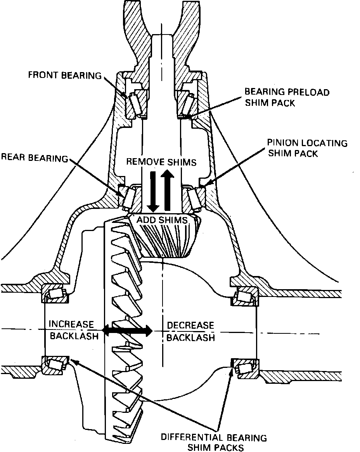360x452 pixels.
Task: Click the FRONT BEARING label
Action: point(64,75)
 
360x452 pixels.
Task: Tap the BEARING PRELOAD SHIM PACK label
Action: point(287,97)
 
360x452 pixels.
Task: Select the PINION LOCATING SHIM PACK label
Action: point(307,148)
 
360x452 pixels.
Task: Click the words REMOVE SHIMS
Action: point(161,162)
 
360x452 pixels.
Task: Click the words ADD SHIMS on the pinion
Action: point(162,220)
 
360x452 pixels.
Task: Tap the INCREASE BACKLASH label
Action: point(71,330)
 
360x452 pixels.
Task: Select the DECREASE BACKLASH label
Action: point(190,331)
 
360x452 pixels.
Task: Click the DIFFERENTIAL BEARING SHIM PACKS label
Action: point(214,442)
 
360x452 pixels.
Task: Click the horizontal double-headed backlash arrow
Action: point(126,331)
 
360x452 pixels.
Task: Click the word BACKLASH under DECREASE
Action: point(190,337)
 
